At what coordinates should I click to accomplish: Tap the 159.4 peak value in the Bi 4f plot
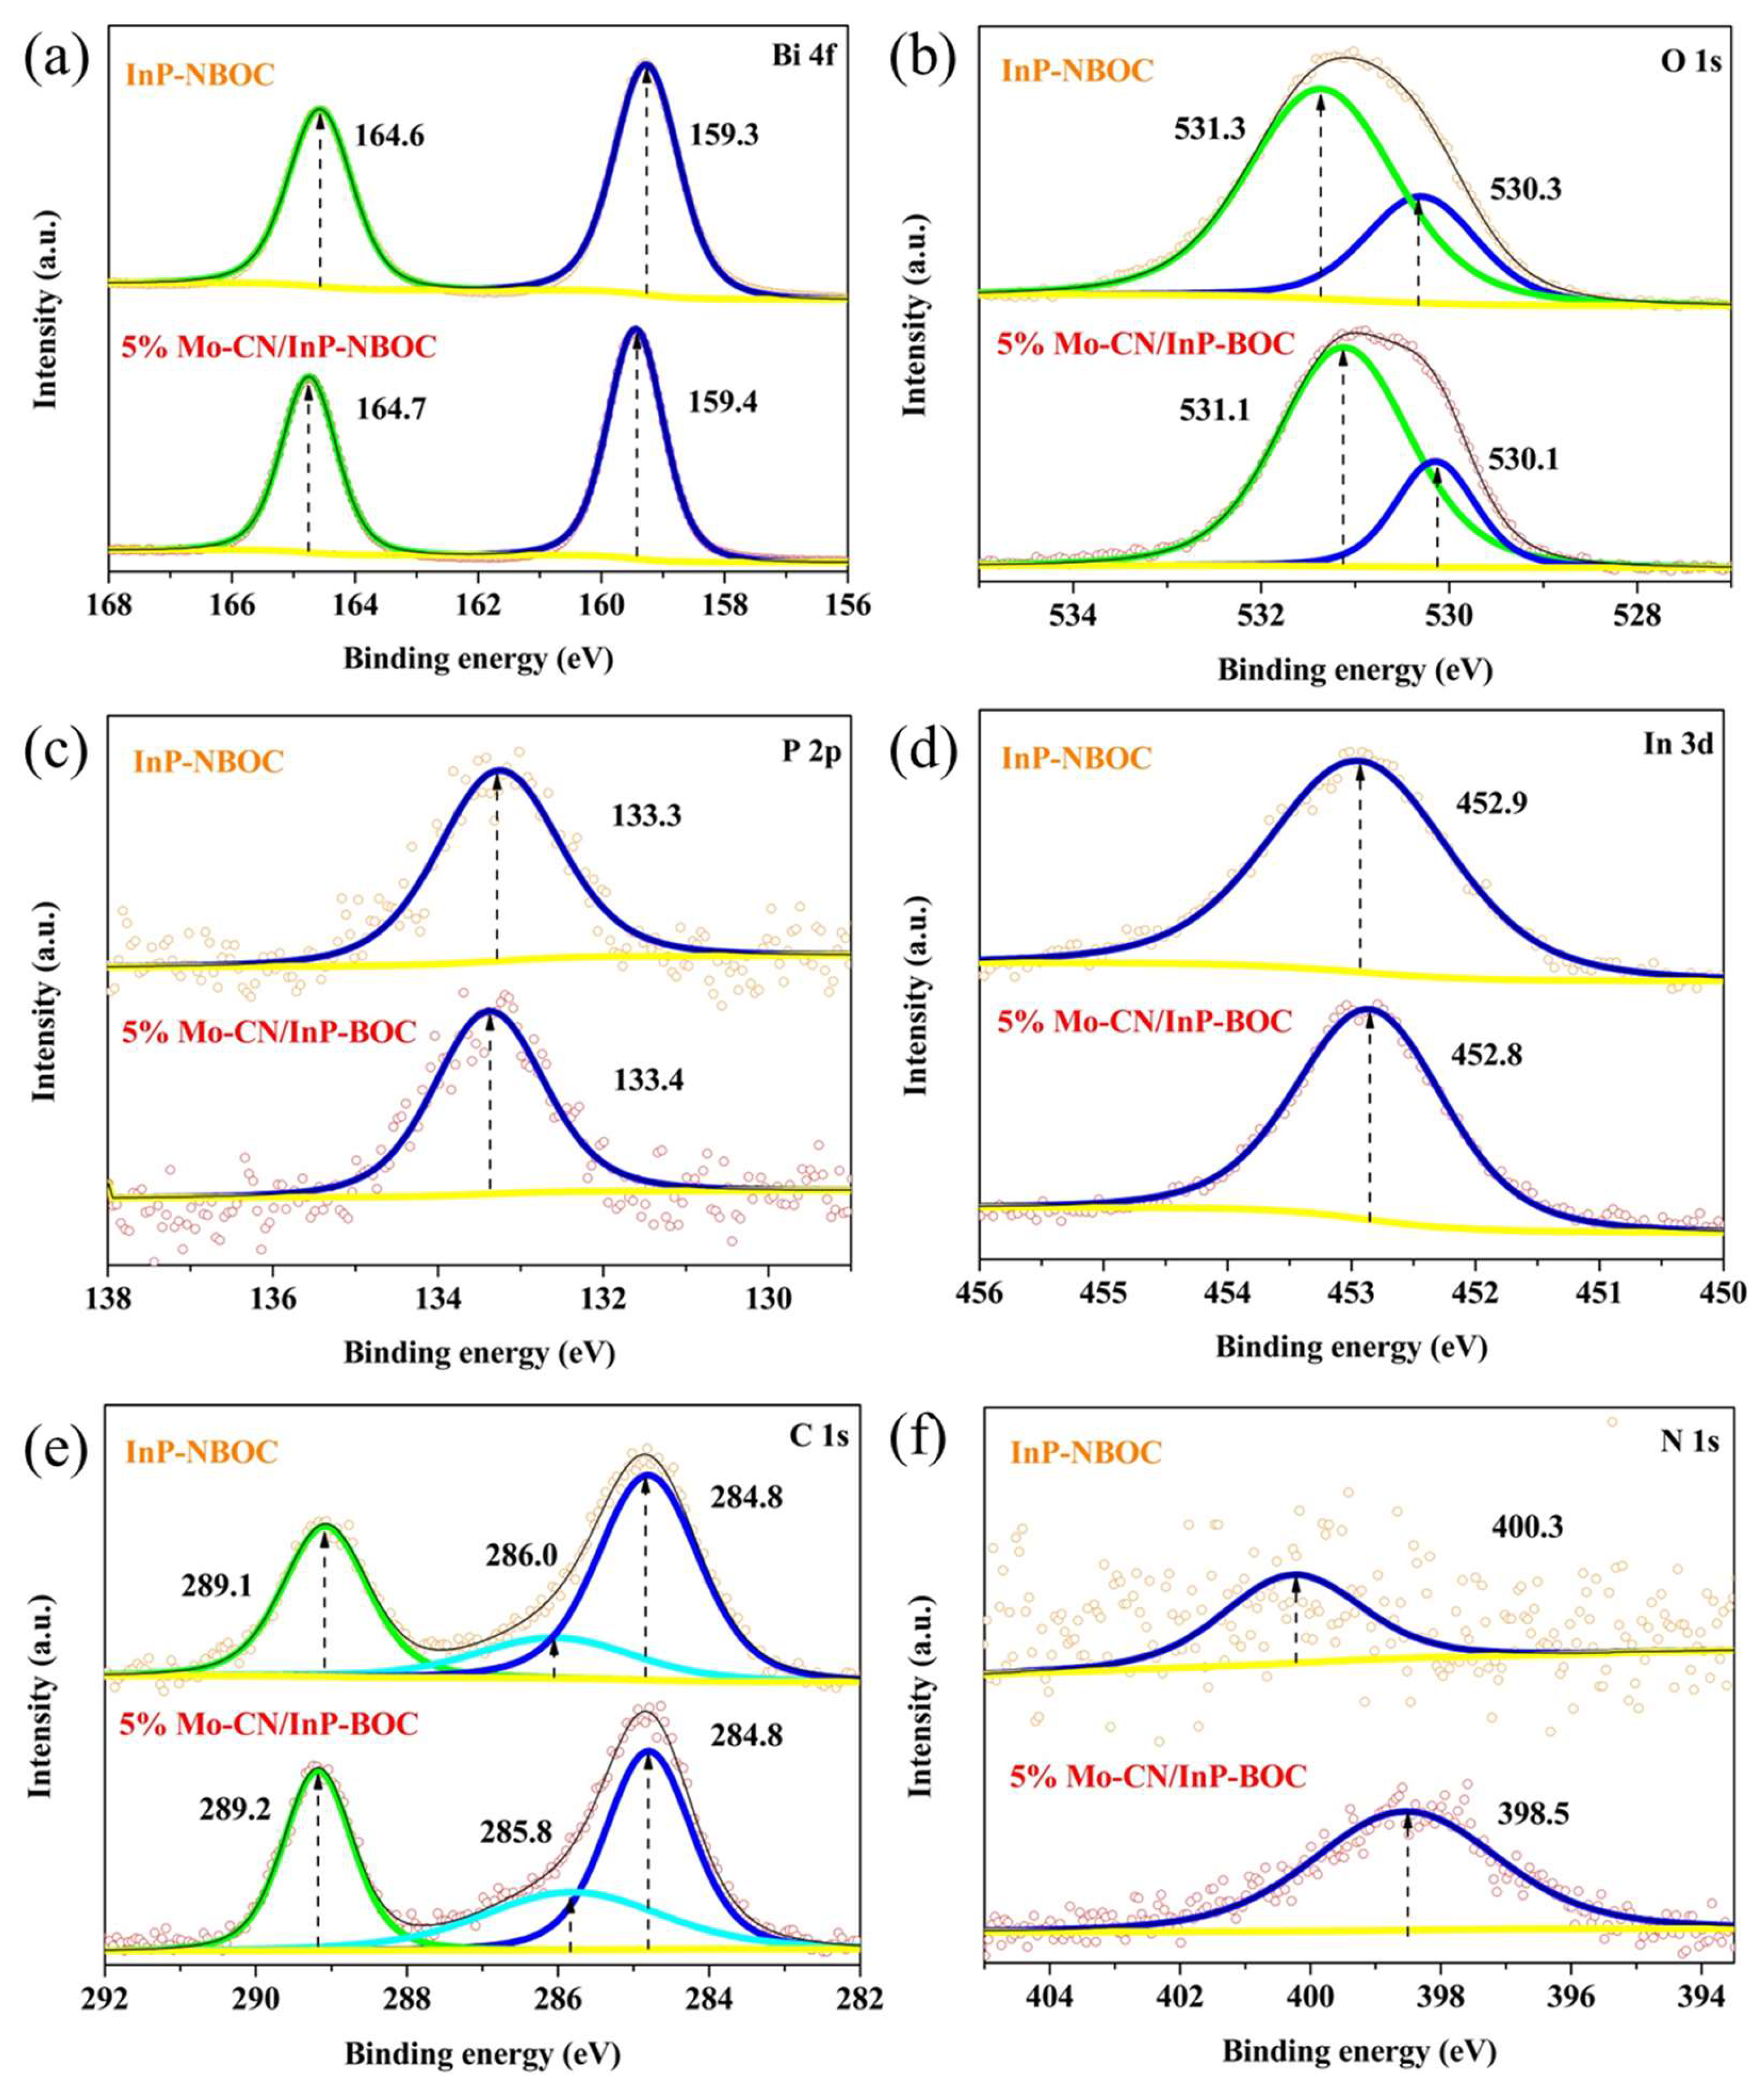[723, 403]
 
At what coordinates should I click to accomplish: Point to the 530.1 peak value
[1524, 460]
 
